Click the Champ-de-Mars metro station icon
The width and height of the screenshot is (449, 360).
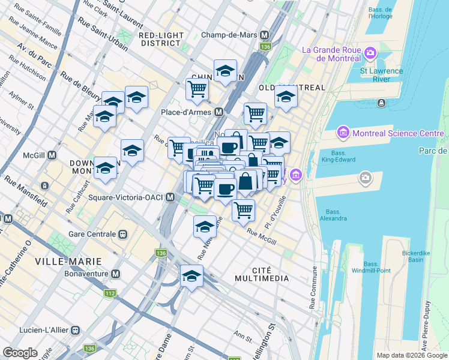click(x=265, y=35)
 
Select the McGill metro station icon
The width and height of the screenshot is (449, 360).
click(x=52, y=155)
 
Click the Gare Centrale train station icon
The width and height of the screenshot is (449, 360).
click(x=122, y=233)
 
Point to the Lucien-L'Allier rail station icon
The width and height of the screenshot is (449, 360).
click(x=76, y=329)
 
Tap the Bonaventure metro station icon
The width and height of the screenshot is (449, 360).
click(x=116, y=274)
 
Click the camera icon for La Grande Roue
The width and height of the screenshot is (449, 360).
click(x=369, y=53)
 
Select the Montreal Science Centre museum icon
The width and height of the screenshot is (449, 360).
click(x=343, y=132)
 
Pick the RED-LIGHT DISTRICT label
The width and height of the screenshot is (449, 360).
click(x=160, y=39)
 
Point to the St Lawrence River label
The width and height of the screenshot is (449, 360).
click(x=381, y=75)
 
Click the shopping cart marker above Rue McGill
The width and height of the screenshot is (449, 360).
click(x=243, y=210)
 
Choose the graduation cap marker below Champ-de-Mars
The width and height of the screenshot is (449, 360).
click(x=225, y=71)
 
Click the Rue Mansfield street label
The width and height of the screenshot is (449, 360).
click(x=26, y=191)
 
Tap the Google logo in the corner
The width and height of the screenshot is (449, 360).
click(x=20, y=353)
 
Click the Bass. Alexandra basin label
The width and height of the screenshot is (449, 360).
click(x=336, y=215)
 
